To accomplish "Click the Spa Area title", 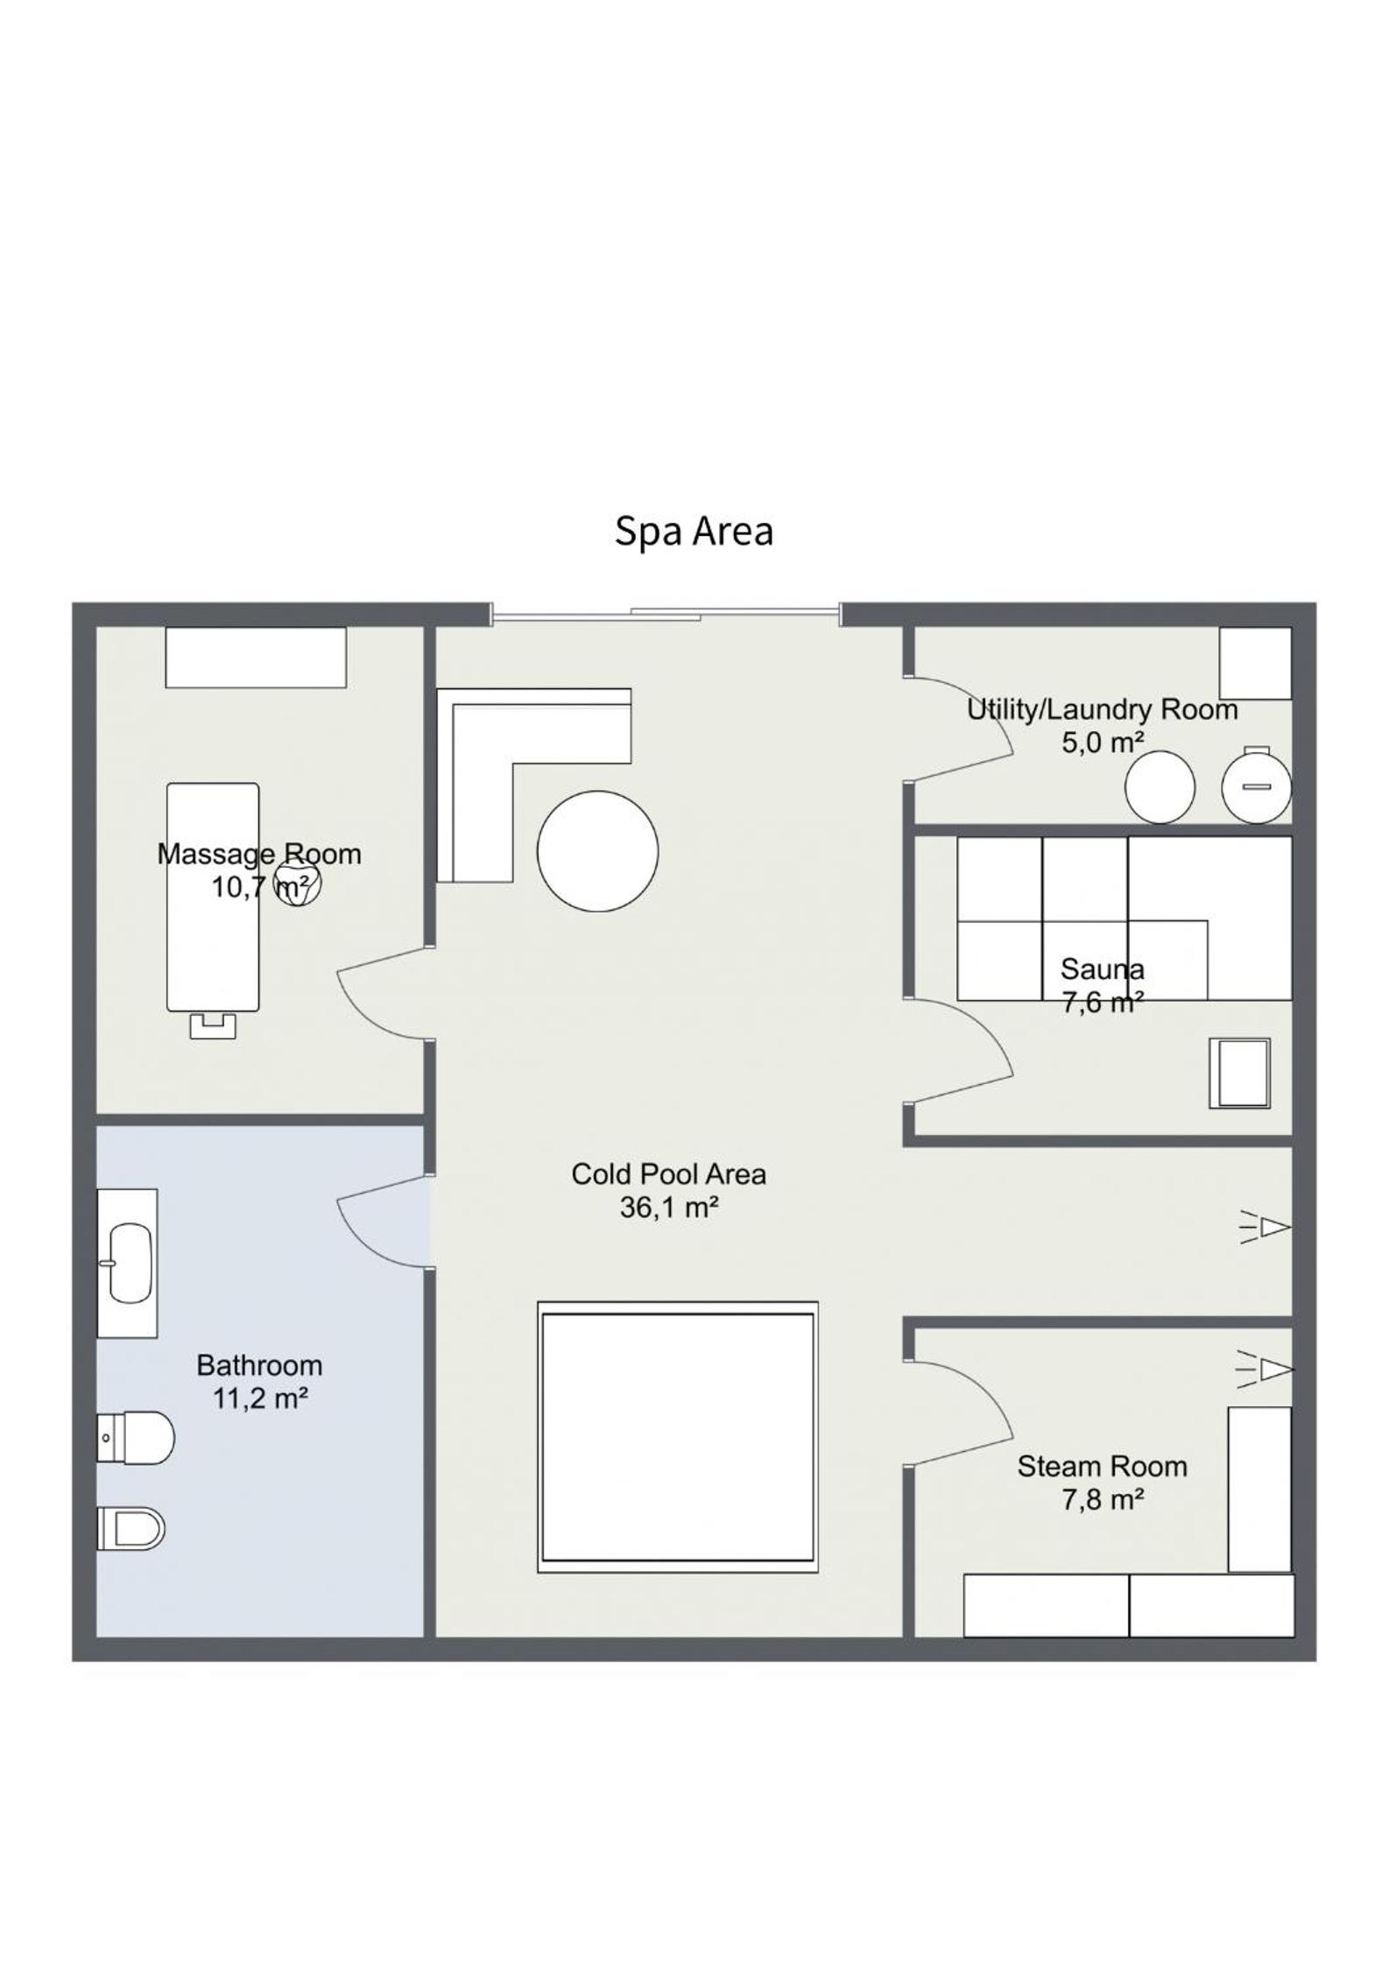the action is pos(694,532).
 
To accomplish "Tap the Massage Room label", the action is pos(259,853).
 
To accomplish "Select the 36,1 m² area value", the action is pos(669,1208).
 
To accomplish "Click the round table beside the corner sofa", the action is pos(597,851).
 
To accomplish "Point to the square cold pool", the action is pos(678,1437).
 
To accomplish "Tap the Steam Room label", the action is pos(1102,1466).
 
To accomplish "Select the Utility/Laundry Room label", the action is pos(1102,709).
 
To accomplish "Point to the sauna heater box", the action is pos(1239,1073).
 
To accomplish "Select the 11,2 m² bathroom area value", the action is pos(260,1399).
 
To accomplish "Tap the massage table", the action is pos(213,897).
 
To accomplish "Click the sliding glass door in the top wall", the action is pos(666,614).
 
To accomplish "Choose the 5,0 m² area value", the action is pos(1103,743).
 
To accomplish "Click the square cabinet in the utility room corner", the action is pos(1256,662).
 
